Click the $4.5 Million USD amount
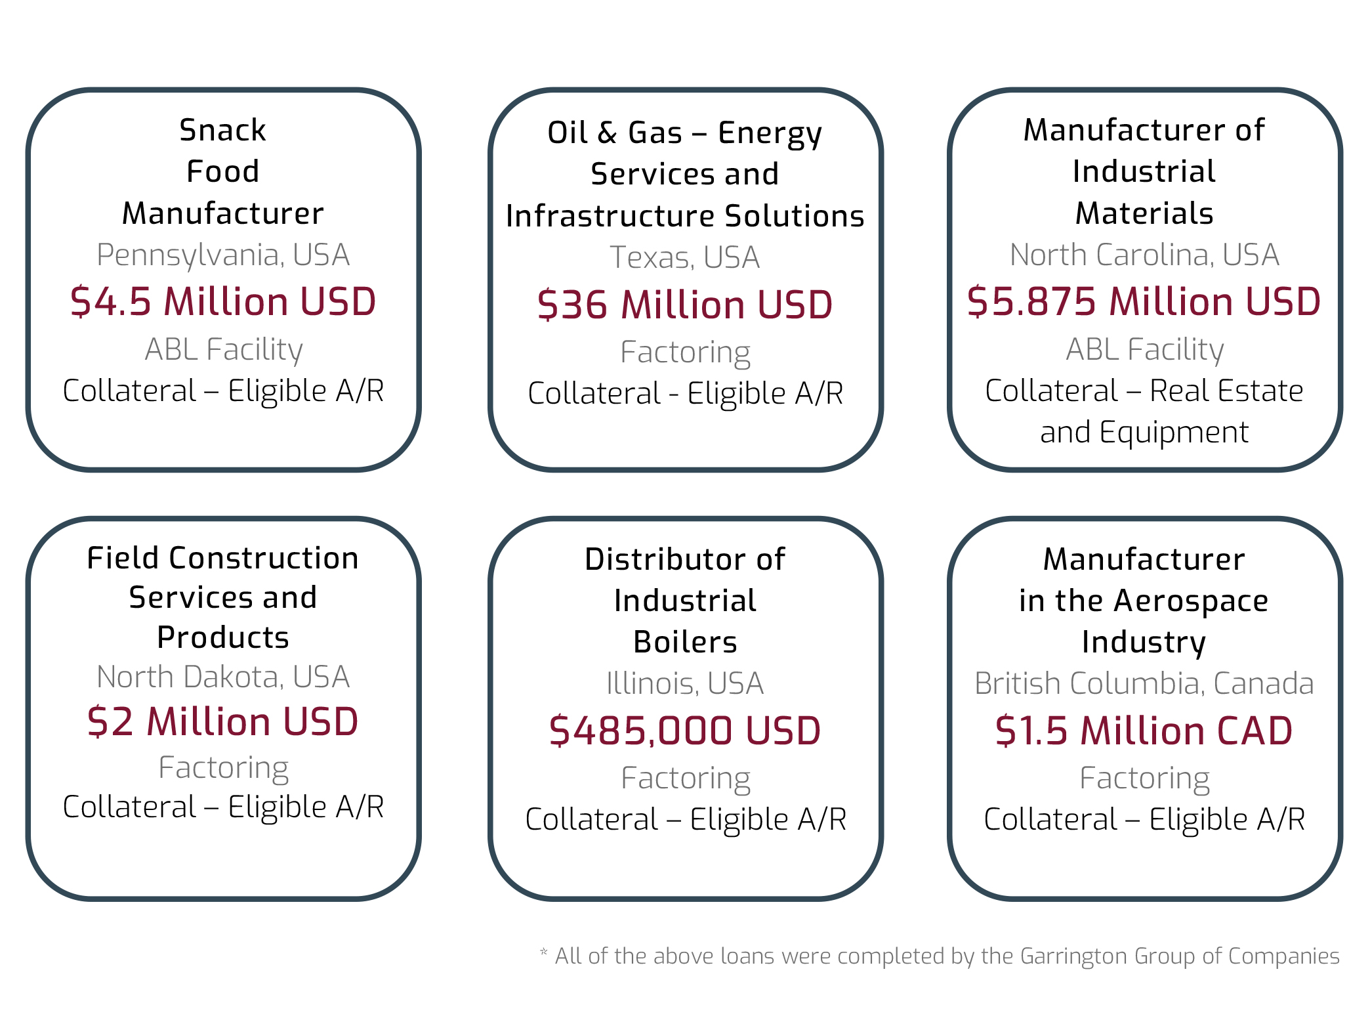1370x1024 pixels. pyautogui.click(x=223, y=302)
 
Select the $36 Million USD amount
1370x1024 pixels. pyautogui.click(x=685, y=305)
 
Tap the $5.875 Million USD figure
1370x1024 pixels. pyautogui.click(x=1144, y=302)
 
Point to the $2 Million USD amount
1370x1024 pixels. pyautogui.click(x=223, y=722)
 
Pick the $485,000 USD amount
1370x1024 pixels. pyautogui.click(x=685, y=731)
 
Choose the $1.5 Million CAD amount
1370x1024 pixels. pyautogui.click(x=1144, y=731)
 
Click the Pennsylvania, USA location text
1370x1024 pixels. pyautogui.click(x=223, y=255)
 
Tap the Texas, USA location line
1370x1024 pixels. pyautogui.click(x=685, y=257)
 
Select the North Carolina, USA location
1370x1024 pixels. pyautogui.click(x=1144, y=255)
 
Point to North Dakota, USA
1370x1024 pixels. pyautogui.click(x=223, y=677)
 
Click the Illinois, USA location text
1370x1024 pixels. pyautogui.click(x=685, y=684)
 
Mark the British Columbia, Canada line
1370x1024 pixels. pyautogui.click(x=1144, y=684)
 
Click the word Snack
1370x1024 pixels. pyautogui.click(x=223, y=130)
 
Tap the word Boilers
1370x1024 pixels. pyautogui.click(x=685, y=642)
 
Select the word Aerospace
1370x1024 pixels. pyautogui.click(x=1191, y=601)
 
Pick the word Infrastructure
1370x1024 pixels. pyautogui.click(x=610, y=216)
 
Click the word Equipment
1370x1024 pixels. pyautogui.click(x=1174, y=433)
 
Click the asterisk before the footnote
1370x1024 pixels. pyautogui.click(x=543, y=952)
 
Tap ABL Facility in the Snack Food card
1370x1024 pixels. pyautogui.click(x=223, y=349)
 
